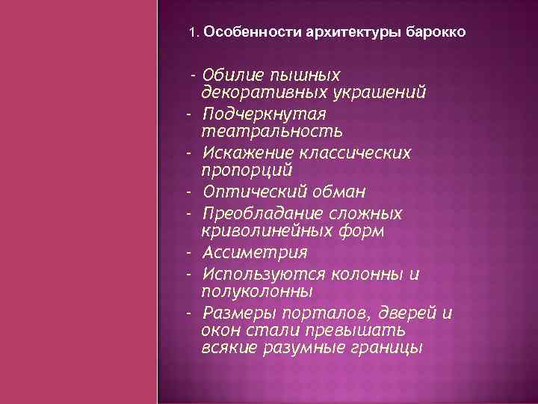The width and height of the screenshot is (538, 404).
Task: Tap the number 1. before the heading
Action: (x=194, y=33)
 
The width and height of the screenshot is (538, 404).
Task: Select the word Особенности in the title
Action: (x=240, y=33)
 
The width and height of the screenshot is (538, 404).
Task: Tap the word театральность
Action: (x=272, y=132)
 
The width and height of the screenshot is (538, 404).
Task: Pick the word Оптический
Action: (x=251, y=192)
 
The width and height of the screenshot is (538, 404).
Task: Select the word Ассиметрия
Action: (x=255, y=252)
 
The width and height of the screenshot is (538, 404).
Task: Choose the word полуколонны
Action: (x=257, y=291)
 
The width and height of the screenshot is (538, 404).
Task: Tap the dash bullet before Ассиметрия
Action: (x=191, y=252)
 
